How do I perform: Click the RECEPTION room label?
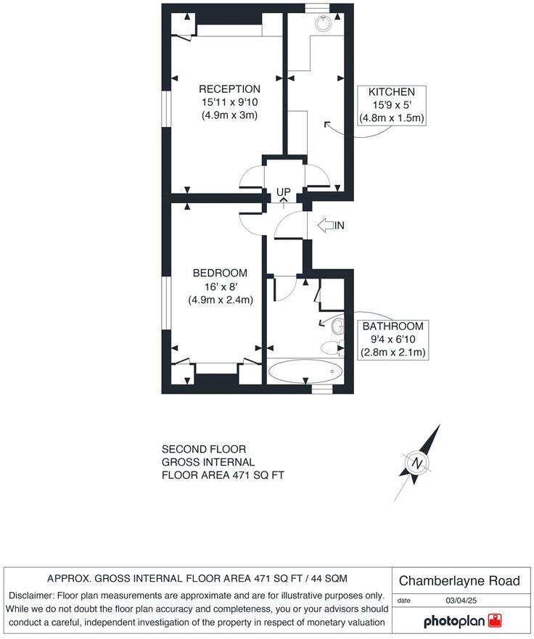pyautogui.click(x=229, y=89)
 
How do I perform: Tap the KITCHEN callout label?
pyautogui.click(x=392, y=92)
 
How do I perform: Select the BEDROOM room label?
pyautogui.click(x=220, y=273)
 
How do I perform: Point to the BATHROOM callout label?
pyautogui.click(x=393, y=326)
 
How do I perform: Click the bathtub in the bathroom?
pyautogui.click(x=305, y=371)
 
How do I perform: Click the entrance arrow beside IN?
pyautogui.click(x=326, y=226)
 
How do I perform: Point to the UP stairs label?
pyautogui.click(x=283, y=192)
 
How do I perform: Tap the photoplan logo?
pyautogui.click(x=463, y=621)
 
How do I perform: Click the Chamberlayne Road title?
pyautogui.click(x=460, y=581)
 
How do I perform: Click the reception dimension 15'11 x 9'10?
pyautogui.click(x=229, y=102)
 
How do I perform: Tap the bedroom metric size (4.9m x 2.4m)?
pyautogui.click(x=220, y=300)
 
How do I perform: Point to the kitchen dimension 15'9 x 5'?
pyautogui.click(x=392, y=105)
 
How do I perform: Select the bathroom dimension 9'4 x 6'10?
pyautogui.click(x=393, y=339)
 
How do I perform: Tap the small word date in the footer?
pyautogui.click(x=405, y=601)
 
